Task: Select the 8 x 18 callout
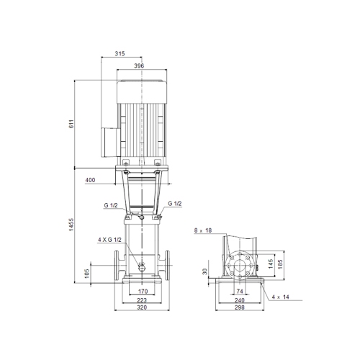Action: (x=204, y=230)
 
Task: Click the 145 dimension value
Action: (x=271, y=264)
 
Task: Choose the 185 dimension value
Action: (x=282, y=264)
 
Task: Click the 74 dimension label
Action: (x=240, y=291)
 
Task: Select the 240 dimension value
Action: (x=240, y=299)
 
